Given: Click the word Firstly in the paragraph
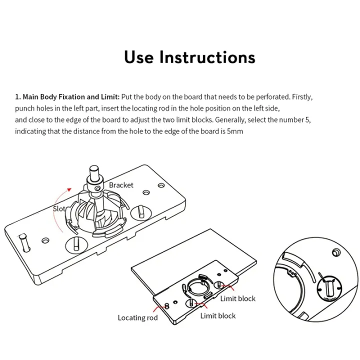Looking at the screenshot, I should [x=302, y=96].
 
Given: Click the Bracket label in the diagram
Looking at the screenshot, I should [x=121, y=185].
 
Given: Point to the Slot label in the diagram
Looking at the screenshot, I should [x=59, y=209].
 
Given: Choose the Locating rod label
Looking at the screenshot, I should [x=137, y=317].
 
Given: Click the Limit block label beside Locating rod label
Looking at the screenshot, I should [x=217, y=315].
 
